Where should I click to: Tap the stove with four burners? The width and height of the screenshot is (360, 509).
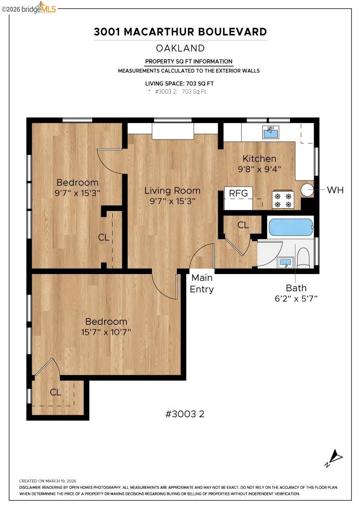[282, 200]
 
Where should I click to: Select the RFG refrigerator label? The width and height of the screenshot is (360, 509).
[238, 193]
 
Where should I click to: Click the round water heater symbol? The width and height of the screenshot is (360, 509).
[308, 190]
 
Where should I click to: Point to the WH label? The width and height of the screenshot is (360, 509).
[335, 190]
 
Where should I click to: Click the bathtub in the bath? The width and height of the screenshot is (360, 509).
[291, 227]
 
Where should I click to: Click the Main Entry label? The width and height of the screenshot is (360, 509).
[202, 283]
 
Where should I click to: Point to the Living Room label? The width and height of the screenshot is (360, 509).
[172, 190]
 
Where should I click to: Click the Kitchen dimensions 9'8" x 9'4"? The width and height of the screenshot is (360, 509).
[260, 168]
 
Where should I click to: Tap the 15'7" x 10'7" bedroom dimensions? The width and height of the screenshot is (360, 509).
[106, 332]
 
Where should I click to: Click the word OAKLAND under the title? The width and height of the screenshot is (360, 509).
[180, 48]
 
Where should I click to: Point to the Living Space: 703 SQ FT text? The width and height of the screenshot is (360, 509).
[180, 84]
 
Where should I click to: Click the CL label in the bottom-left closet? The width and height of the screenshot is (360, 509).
[55, 392]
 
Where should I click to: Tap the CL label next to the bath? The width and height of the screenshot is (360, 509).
[243, 225]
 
